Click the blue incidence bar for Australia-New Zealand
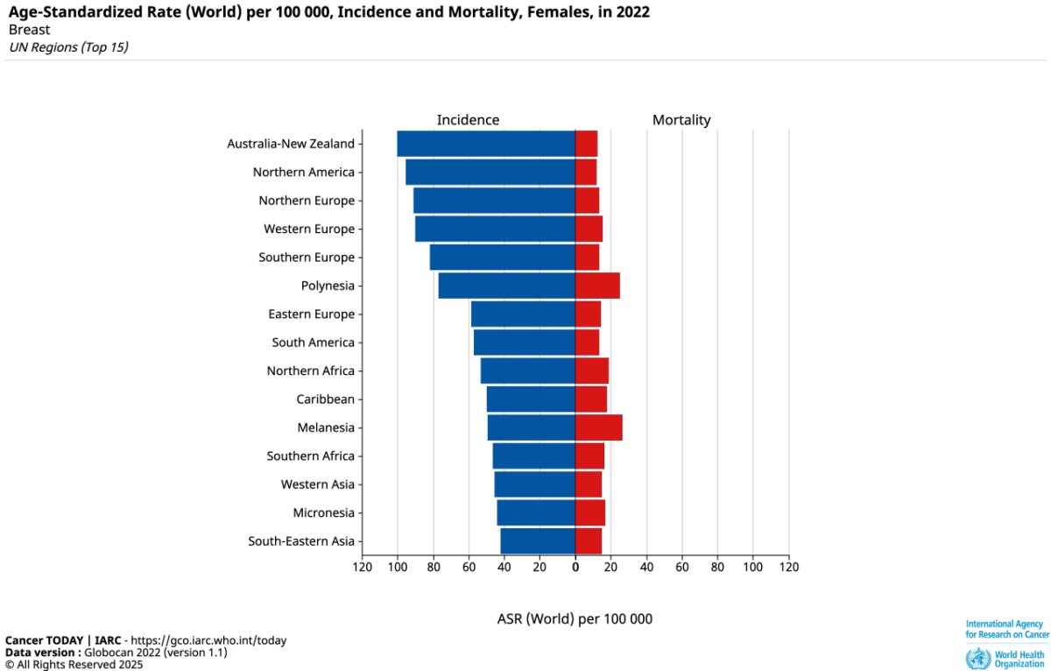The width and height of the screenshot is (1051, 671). (486, 144)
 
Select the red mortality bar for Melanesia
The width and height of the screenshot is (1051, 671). (598, 427)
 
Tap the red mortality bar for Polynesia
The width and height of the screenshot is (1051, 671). (597, 286)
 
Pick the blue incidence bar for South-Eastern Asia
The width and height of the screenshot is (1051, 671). (538, 541)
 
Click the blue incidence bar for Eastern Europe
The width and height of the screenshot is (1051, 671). (523, 314)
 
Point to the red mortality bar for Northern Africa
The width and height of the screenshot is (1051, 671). (592, 371)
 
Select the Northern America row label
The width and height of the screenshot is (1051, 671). (304, 173)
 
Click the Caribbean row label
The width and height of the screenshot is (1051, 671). (325, 399)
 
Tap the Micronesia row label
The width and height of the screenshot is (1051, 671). (324, 512)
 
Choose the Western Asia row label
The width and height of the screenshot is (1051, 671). (318, 484)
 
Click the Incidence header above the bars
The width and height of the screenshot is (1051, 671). (468, 120)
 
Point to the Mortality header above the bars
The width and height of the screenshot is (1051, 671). (681, 120)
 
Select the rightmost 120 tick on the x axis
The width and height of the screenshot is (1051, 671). (789, 567)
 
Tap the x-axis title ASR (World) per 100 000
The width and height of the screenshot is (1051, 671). (575, 618)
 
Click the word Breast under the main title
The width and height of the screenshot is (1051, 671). (29, 30)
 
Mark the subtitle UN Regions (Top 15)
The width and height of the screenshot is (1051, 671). (68, 47)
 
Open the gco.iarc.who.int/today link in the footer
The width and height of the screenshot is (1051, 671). (207, 640)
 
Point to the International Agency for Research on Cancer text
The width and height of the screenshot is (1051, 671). (1007, 629)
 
